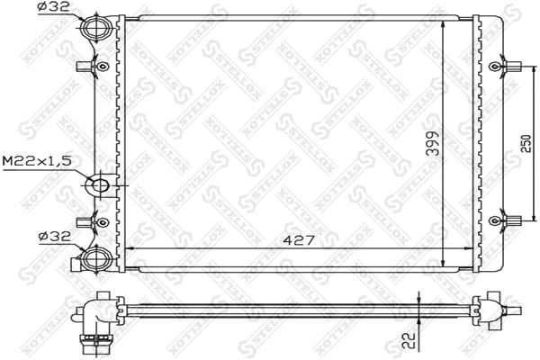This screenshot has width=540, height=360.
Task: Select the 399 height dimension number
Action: (x=433, y=143)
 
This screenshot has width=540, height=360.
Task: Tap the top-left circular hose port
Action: (x=94, y=27)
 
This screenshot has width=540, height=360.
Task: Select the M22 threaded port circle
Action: (x=99, y=187)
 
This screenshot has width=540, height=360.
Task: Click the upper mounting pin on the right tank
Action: (x=508, y=67)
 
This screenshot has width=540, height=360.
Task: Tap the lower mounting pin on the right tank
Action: (x=508, y=219)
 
